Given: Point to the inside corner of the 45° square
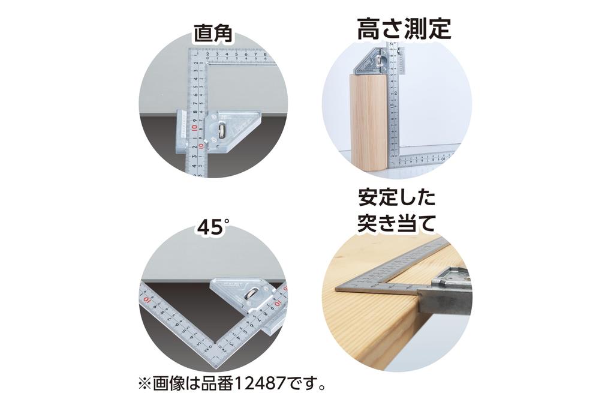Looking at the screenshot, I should (x=212, y=342).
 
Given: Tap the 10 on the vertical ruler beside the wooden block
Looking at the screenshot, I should (x=392, y=108).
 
